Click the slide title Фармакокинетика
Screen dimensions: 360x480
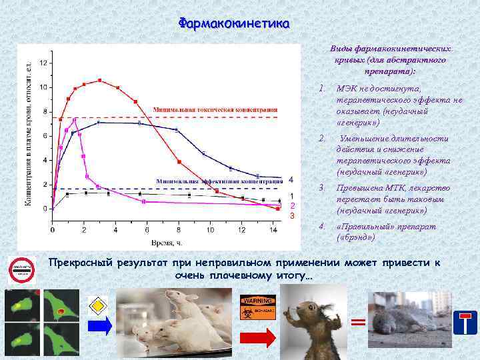tap(233, 23)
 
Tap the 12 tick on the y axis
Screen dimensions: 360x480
tap(43, 63)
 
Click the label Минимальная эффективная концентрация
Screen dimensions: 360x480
tap(220, 181)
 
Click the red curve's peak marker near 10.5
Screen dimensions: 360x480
tap(99, 80)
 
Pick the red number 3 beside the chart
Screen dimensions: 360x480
tap(291, 216)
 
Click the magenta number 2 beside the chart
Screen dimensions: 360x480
tap(291, 205)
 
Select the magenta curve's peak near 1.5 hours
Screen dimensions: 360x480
tap(75, 120)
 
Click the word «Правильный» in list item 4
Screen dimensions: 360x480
tap(363, 227)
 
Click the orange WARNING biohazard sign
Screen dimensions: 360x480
tap(257, 308)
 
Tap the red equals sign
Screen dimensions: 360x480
tap(359, 323)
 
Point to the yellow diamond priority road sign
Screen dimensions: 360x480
tap(98, 304)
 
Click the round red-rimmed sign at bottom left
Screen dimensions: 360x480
tap(21, 270)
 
